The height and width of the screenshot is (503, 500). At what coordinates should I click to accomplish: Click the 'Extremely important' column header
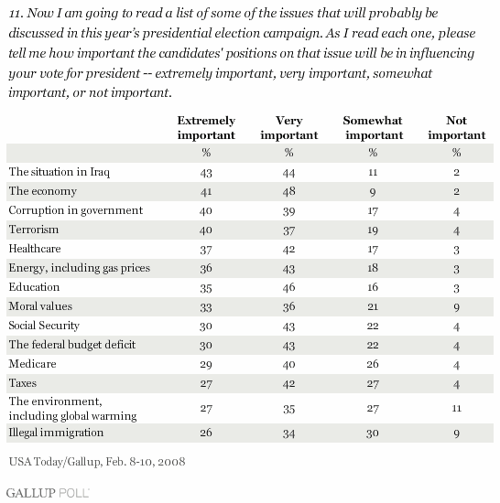tap(206, 128)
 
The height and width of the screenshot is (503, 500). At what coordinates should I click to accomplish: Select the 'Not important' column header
tap(457, 128)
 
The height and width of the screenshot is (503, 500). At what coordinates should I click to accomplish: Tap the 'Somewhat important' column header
tap(373, 128)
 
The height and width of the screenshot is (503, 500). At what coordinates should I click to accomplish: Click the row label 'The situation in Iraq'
tap(60, 172)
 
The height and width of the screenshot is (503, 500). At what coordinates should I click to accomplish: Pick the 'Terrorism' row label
tap(34, 230)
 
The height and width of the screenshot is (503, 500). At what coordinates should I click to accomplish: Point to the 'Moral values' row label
tap(40, 306)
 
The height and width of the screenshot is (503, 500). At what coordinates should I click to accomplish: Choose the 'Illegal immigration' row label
tap(56, 433)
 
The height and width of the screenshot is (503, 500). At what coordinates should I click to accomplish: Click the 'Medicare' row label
tap(32, 364)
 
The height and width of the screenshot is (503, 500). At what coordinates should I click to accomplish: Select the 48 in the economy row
tap(289, 191)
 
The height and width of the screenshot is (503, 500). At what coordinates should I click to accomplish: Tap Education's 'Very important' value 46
tap(289, 287)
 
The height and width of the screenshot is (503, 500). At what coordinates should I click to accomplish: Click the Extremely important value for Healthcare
tap(206, 250)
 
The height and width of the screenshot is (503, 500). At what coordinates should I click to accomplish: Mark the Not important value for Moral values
tap(457, 307)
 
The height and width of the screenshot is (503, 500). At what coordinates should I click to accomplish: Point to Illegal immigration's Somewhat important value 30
tap(373, 433)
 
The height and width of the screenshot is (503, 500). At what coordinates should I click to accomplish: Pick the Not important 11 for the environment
tap(457, 409)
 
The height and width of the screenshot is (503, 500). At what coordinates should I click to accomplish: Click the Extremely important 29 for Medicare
tap(206, 365)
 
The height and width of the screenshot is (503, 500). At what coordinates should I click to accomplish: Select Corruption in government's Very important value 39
tap(289, 211)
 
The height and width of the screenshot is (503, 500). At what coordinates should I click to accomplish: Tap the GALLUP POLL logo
tap(48, 493)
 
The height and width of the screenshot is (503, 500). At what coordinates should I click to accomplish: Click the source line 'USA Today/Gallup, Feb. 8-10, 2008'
tap(97, 462)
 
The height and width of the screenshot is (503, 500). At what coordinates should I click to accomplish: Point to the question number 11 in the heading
tap(16, 14)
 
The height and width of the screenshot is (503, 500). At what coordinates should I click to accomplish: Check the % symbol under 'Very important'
tap(289, 153)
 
